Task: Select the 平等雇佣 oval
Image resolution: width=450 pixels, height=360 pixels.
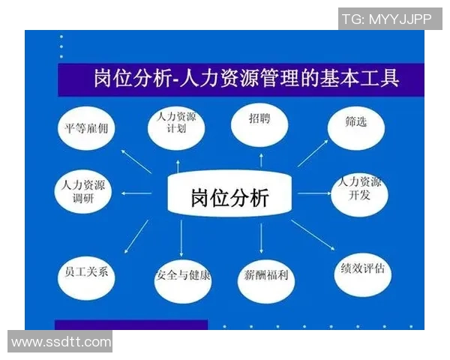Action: point(87,127)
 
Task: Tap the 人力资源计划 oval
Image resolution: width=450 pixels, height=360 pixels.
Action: point(175,124)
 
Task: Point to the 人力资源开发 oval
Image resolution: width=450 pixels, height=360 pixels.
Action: point(359,189)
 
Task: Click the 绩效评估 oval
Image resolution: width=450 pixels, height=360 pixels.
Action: point(363,269)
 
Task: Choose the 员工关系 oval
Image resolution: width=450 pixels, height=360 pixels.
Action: point(85,271)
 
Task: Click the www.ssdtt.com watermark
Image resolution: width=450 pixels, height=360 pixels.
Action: point(60,342)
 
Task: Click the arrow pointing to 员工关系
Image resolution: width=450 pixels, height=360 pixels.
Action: point(135,234)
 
